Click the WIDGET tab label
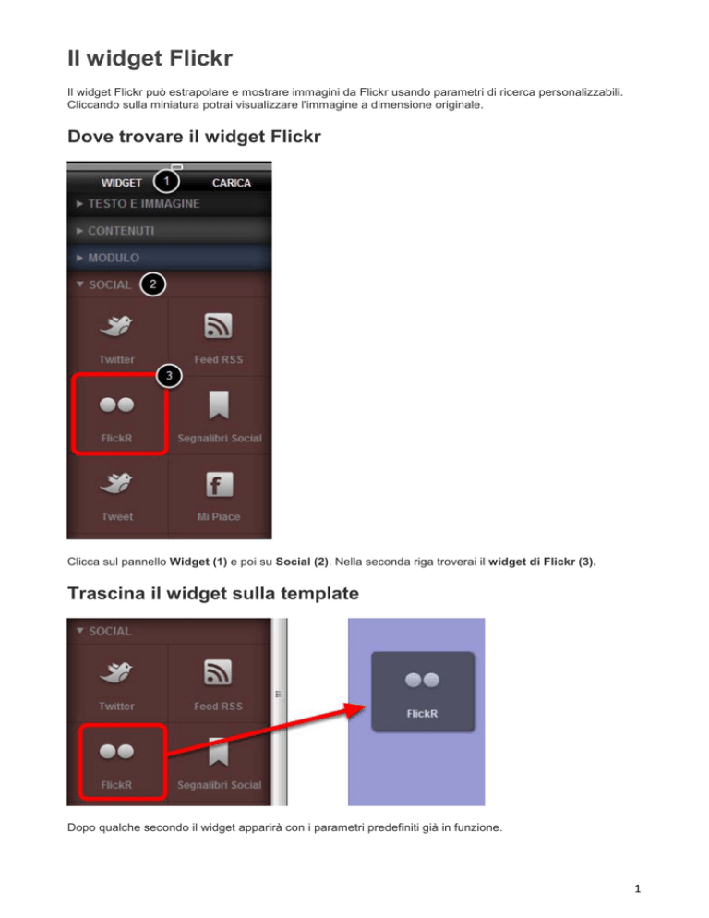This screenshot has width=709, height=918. tap(121, 183)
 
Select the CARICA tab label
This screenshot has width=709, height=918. tap(232, 183)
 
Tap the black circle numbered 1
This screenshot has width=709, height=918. tap(166, 181)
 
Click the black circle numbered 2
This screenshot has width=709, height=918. tap(153, 284)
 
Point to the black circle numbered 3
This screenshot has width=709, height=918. tap(169, 376)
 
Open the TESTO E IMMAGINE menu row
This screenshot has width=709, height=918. tap(169, 204)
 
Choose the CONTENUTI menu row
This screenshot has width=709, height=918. tap(169, 231)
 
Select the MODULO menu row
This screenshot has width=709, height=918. tap(169, 258)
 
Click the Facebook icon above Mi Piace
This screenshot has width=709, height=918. tap(219, 485)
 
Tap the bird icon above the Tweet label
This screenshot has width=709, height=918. tap(116, 483)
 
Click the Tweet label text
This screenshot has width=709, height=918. tap(117, 517)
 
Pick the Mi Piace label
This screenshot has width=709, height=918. tap(219, 517)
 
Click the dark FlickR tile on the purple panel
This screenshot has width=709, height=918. tap(423, 692)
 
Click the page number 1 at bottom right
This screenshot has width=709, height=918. tap(638, 888)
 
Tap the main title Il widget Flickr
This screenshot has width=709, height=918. tap(150, 58)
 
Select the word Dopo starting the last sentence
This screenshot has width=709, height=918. tap(80, 827)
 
